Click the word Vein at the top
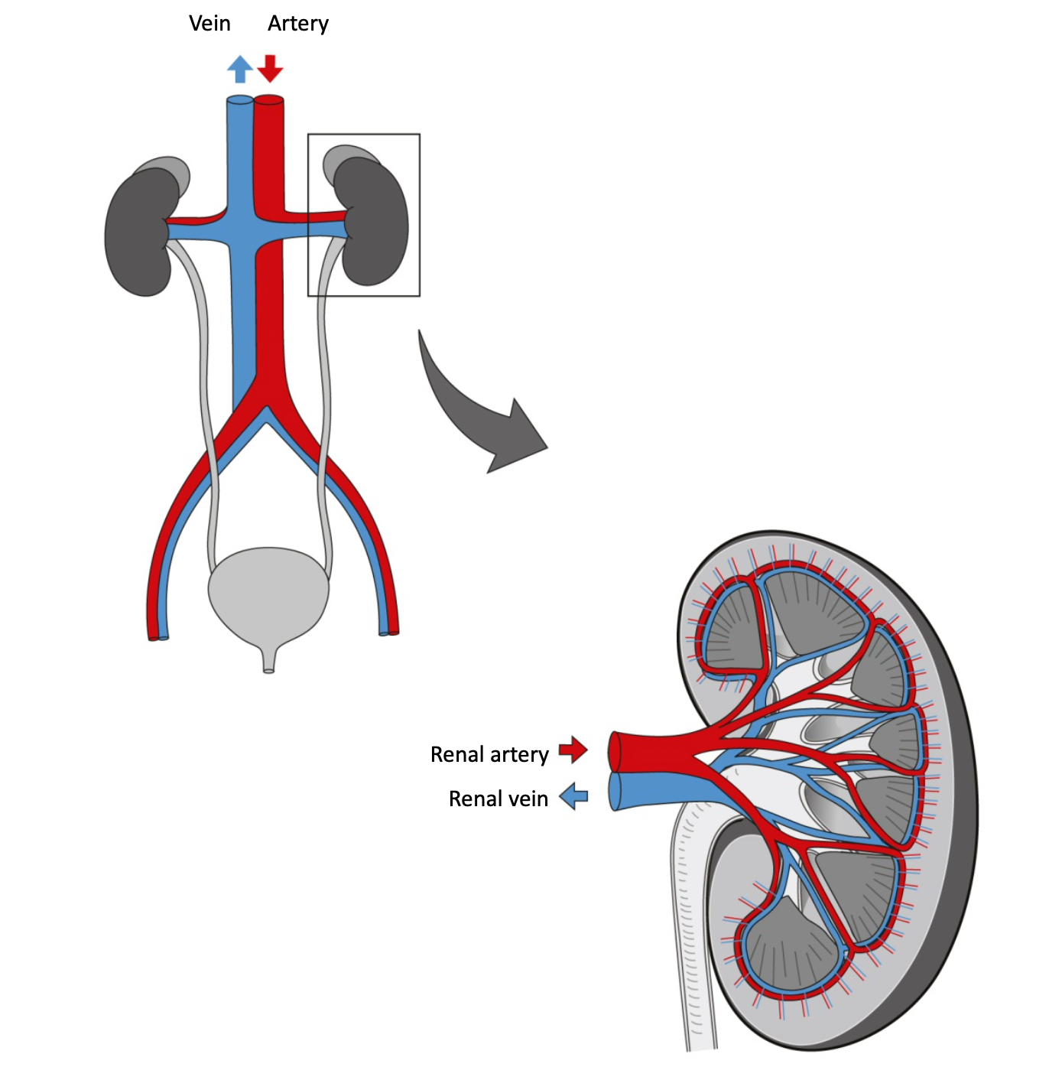[209, 24]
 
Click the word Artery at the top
[297, 24]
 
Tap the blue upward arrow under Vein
[240, 69]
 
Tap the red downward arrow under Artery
[270, 68]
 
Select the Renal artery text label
[489, 755]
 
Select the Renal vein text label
[498, 799]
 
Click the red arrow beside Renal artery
[573, 750]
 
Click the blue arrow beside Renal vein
[573, 797]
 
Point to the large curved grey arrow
[474, 413]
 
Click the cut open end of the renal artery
[614, 751]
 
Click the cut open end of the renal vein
[614, 792]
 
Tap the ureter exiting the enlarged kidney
[696, 956]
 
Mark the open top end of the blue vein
[240, 100]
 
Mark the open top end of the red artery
[269, 99]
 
